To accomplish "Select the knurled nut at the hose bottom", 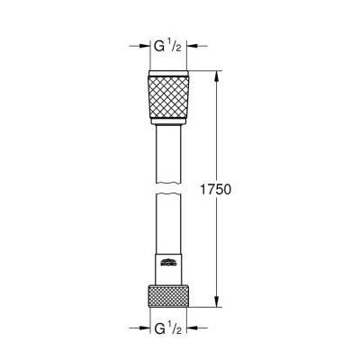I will tap(172, 296).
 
